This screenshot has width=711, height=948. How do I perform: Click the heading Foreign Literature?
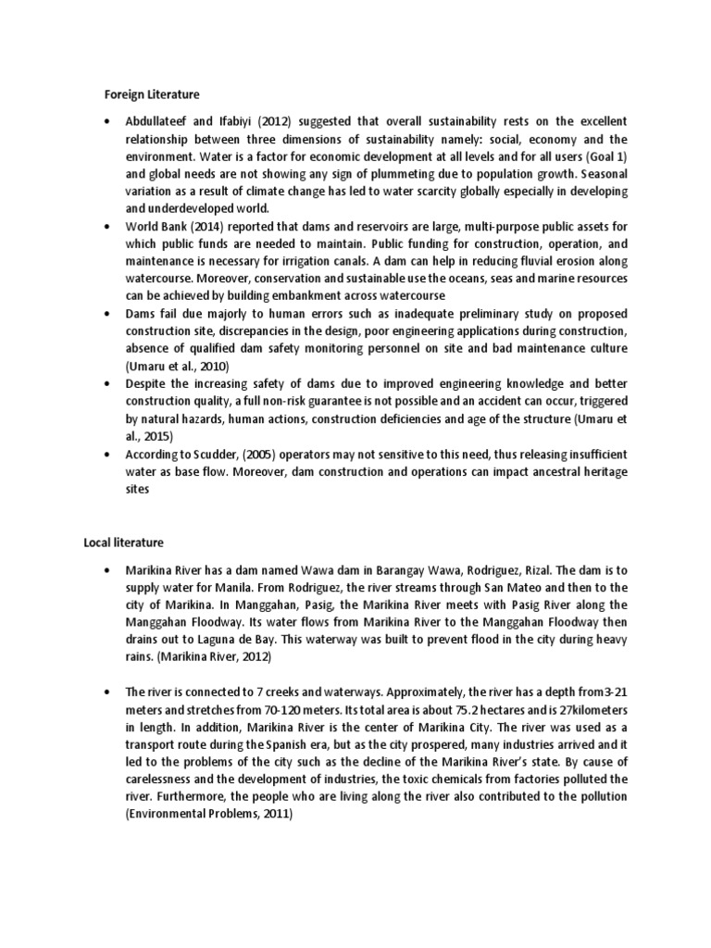151,94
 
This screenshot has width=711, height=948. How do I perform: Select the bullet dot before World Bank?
108,225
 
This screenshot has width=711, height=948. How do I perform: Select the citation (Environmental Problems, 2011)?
208,814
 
